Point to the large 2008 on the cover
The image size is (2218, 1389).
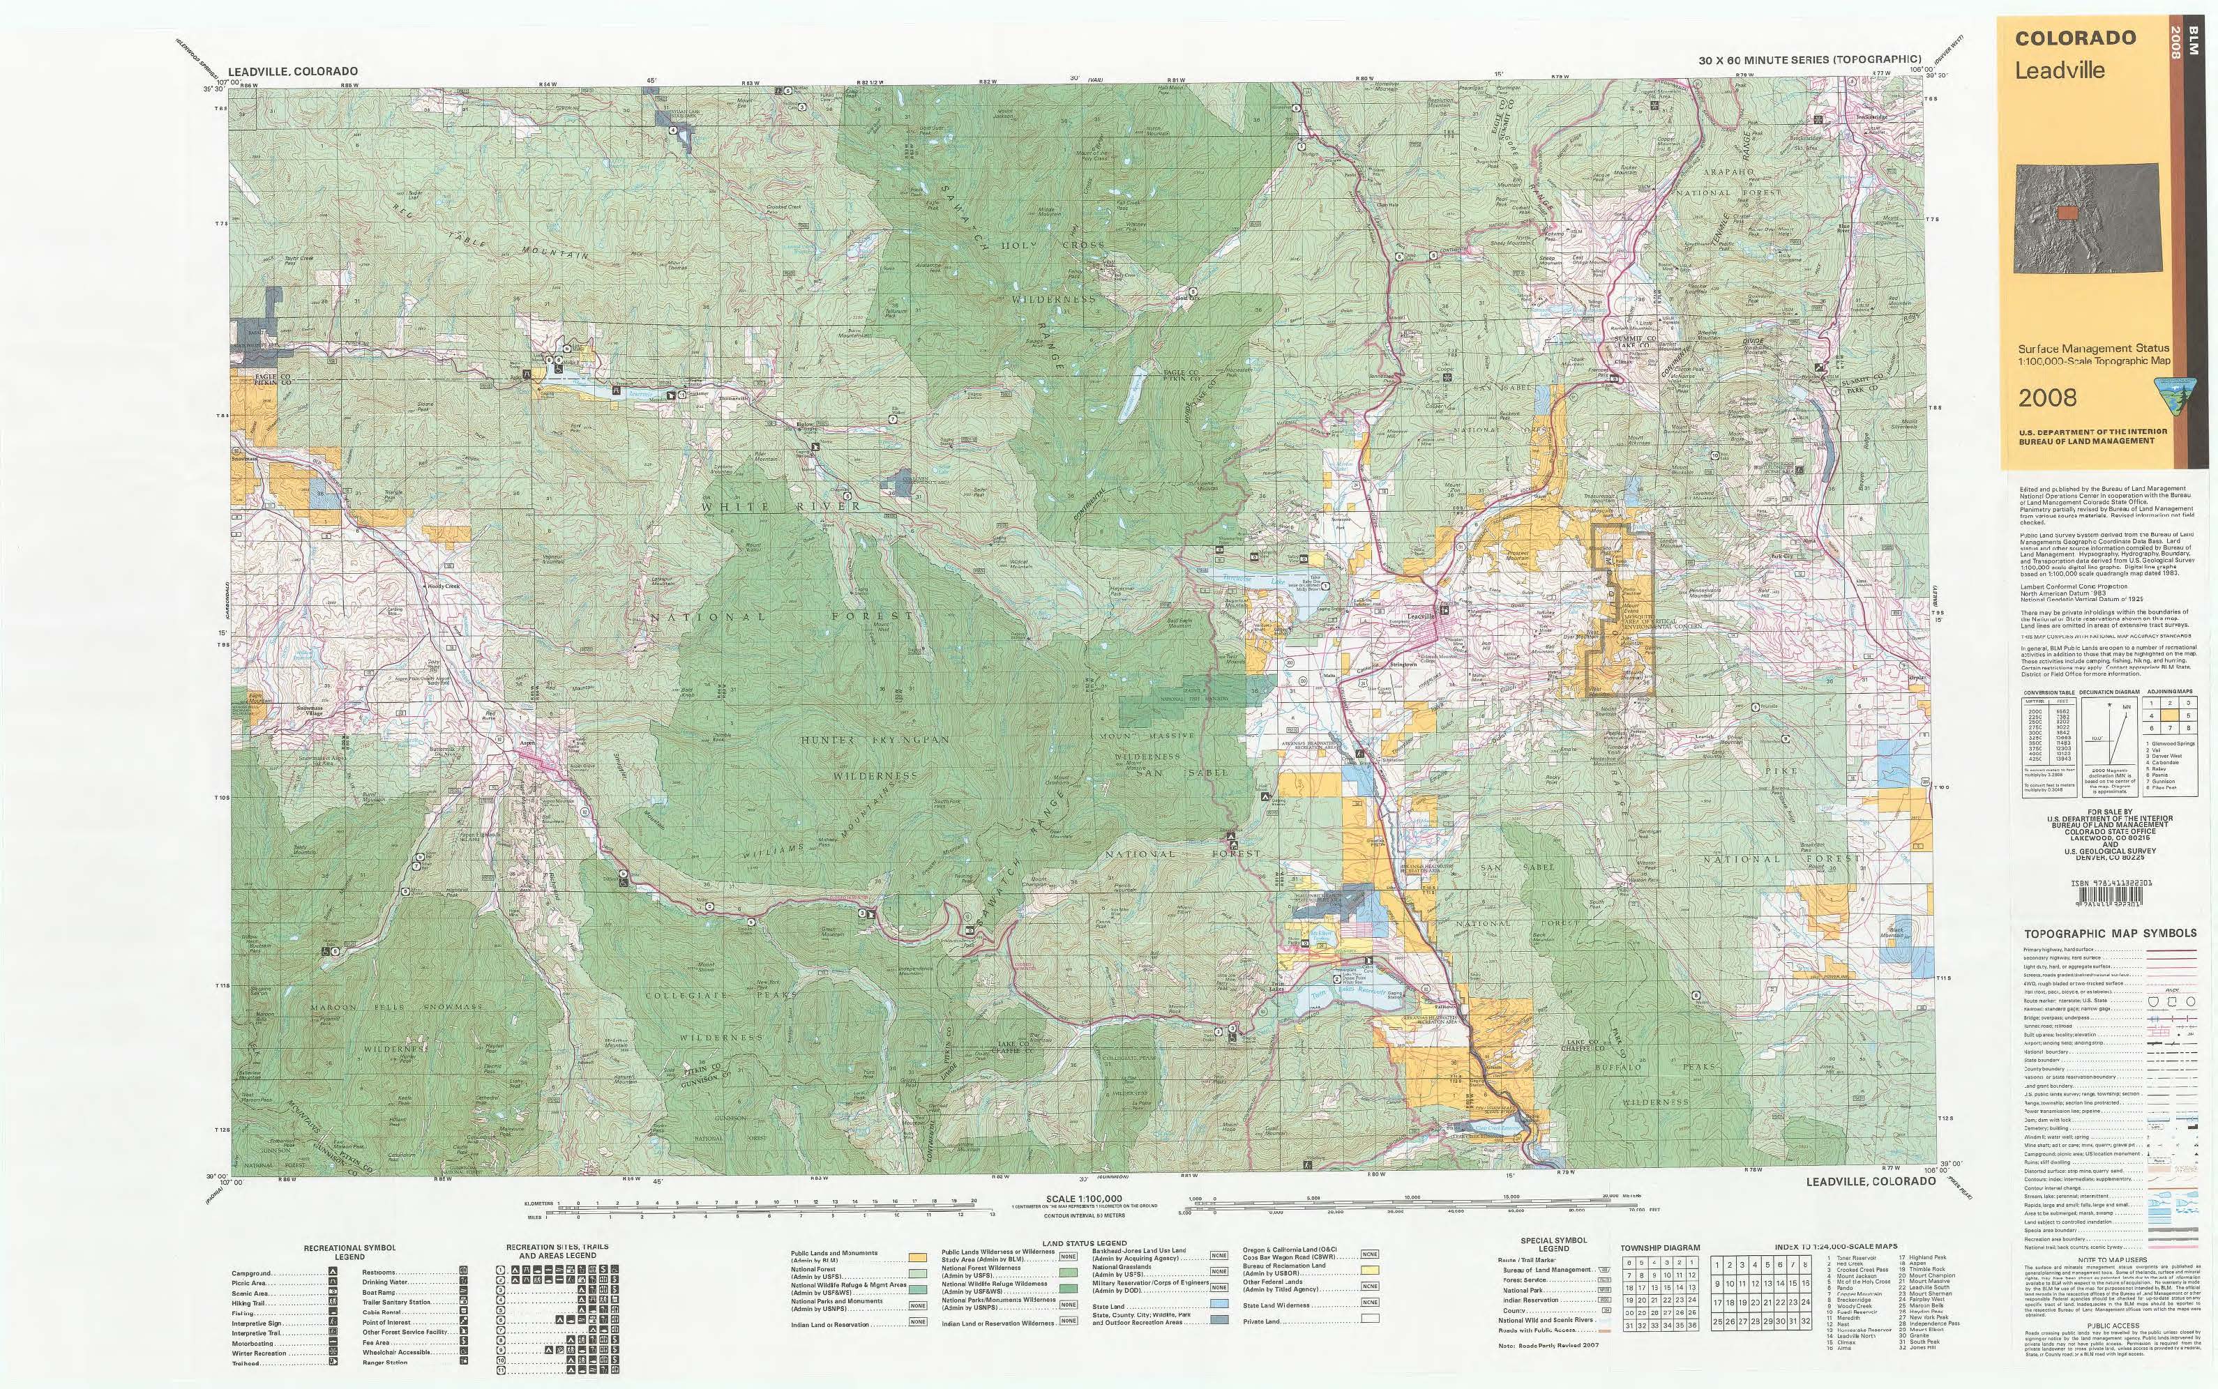[x=2047, y=397]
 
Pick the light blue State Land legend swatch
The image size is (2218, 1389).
[x=1219, y=1303]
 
